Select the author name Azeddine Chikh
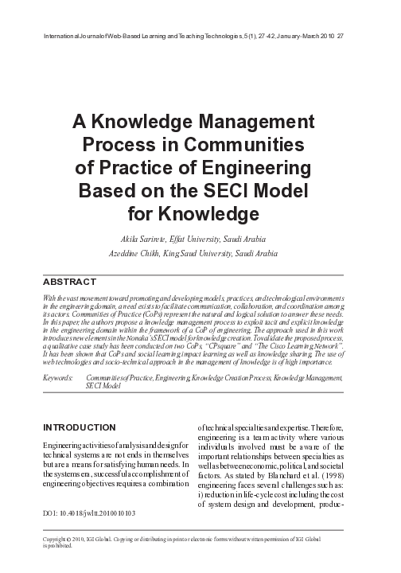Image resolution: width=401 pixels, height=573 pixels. (133, 252)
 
